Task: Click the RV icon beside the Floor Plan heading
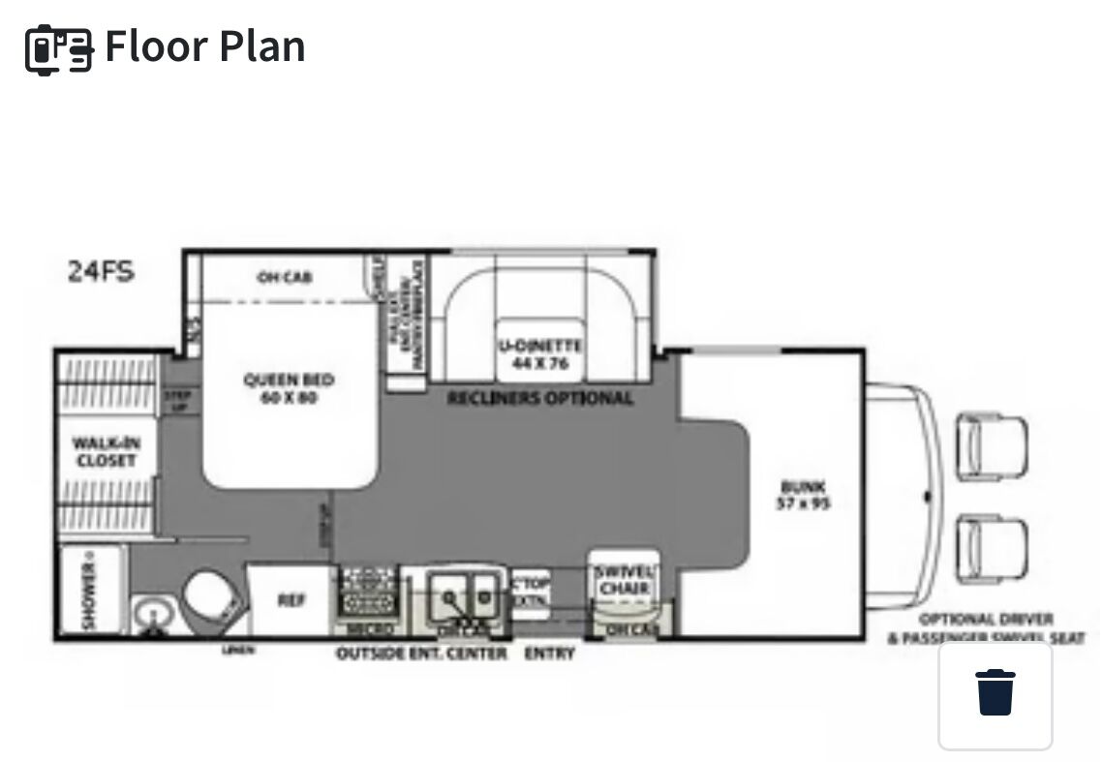[x=59, y=47]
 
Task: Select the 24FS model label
[x=101, y=271]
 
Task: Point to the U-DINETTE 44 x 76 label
[x=540, y=354]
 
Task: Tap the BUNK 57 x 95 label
[x=805, y=495]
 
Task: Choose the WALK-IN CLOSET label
[x=107, y=452]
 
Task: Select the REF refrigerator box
[x=291, y=600]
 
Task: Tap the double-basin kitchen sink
[x=462, y=593]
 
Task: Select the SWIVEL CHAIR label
[x=623, y=580]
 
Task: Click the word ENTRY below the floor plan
[x=549, y=654]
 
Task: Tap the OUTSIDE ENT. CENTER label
[x=421, y=654]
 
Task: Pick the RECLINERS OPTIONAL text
[x=539, y=398]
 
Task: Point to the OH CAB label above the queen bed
[x=285, y=278]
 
